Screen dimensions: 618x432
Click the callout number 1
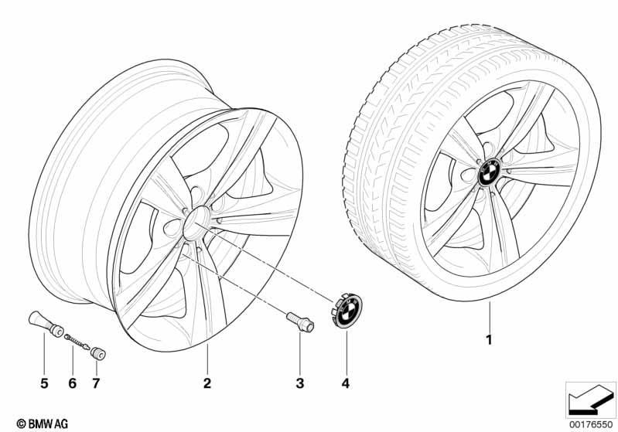pyautogui.click(x=489, y=339)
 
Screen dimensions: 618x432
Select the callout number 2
pyautogui.click(x=207, y=383)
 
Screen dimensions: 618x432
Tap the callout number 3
pyautogui.click(x=300, y=383)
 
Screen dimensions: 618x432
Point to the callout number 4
pyautogui.click(x=346, y=383)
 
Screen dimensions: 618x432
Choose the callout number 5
pyautogui.click(x=44, y=383)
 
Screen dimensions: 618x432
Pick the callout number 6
pyautogui.click(x=72, y=383)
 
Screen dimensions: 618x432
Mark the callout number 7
pyautogui.click(x=96, y=383)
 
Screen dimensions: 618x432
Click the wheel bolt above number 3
pyautogui.click(x=300, y=321)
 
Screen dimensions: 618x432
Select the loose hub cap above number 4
pyautogui.click(x=347, y=311)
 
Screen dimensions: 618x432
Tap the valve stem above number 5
pyautogui.click(x=46, y=324)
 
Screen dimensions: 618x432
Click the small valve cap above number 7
pyautogui.click(x=98, y=353)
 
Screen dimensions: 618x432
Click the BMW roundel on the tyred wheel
pyautogui.click(x=489, y=172)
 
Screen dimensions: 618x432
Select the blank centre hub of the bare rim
pyautogui.click(x=196, y=223)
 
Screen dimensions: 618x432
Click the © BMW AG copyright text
pyautogui.click(x=43, y=423)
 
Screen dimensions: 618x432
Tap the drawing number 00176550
pyautogui.click(x=591, y=424)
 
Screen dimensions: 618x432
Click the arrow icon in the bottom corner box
pyautogui.click(x=591, y=400)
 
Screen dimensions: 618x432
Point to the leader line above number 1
pyautogui.click(x=490, y=316)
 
